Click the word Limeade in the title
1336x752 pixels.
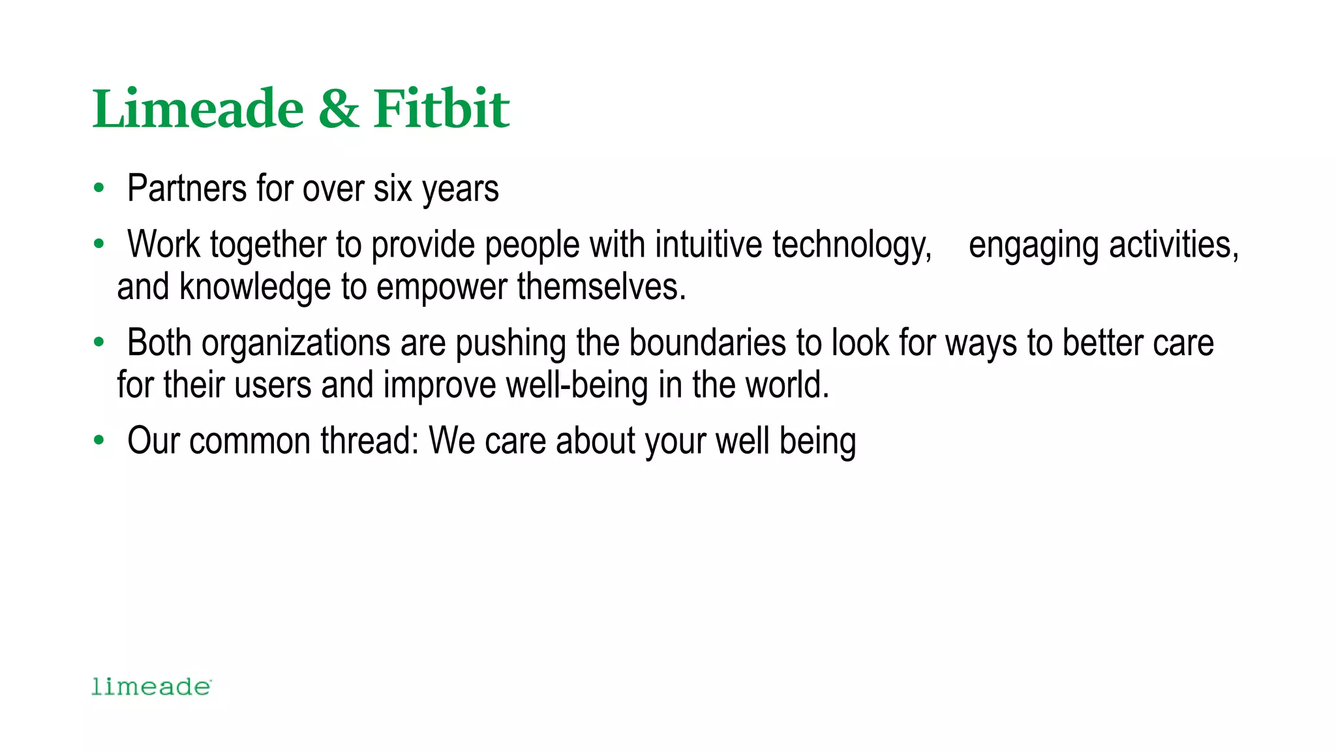coord(198,108)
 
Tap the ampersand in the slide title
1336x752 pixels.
coord(339,108)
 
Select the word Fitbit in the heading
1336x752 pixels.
coord(441,108)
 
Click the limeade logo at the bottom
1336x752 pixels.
coord(151,687)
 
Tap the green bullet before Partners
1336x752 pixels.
coord(99,189)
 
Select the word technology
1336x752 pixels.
coord(852,245)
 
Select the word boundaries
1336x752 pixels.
coord(707,343)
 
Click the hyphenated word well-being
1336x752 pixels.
coord(577,385)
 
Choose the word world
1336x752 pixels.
coord(787,385)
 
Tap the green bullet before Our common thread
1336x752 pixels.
coord(99,441)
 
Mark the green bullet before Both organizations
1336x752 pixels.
coord(99,343)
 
